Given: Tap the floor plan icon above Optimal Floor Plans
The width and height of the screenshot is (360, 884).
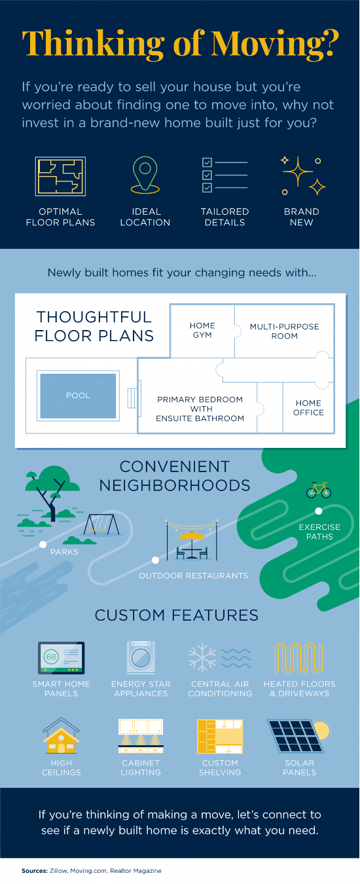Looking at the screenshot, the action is pos(60,176).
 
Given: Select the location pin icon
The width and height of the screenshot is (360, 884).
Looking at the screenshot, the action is pos(145,175).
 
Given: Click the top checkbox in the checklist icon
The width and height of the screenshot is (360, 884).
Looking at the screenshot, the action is pos(207,162).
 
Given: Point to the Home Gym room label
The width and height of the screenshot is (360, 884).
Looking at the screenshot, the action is pos(202,330).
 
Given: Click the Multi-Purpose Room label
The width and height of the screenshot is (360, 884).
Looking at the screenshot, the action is pos(284,331).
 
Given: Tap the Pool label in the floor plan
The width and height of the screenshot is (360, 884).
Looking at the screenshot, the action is pos(78,396).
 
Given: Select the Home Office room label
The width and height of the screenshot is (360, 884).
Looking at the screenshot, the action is pos(308,408).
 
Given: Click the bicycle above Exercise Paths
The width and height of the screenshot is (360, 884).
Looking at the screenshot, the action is pos(319,490).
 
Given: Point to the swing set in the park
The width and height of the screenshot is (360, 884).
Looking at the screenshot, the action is pos(101,525).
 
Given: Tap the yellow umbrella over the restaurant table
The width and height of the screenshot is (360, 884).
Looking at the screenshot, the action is pos(192,536).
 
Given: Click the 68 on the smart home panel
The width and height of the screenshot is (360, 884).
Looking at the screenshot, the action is pos(51,657).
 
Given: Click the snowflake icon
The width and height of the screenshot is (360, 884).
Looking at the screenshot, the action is pos(202,658).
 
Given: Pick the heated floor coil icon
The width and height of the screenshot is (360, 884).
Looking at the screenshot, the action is pos(298,658).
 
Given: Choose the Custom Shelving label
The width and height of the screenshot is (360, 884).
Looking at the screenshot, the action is pos(220,767).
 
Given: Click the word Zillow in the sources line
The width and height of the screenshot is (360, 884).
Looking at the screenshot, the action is pos(58,871).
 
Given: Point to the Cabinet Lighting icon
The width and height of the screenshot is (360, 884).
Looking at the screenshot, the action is pos(141,736).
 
